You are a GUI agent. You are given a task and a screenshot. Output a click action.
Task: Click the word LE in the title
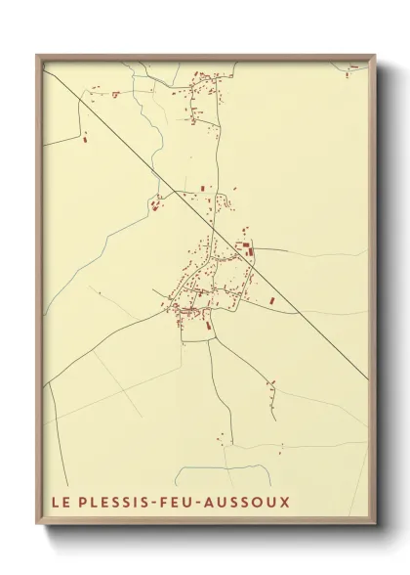(60, 503)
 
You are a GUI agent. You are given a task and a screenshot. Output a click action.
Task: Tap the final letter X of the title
(285, 503)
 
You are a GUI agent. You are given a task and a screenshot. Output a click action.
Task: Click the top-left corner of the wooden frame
(37, 55)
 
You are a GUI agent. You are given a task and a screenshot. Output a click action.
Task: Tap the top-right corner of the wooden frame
(375, 55)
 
